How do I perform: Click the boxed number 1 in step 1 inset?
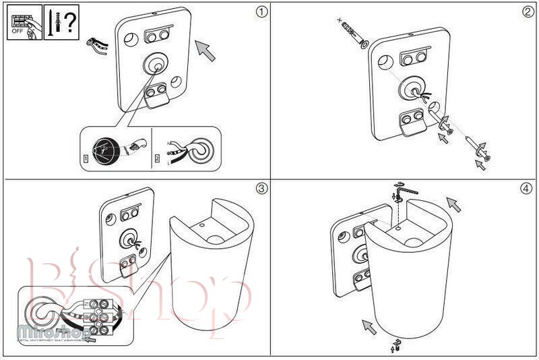tap(84, 159)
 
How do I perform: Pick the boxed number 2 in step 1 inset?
tap(157, 159)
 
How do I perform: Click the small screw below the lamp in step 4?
tap(398, 346)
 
